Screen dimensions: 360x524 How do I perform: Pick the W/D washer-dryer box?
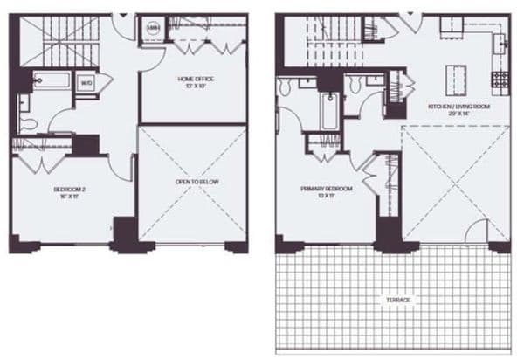[86, 83]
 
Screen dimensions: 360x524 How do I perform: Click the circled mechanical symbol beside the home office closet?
[152, 29]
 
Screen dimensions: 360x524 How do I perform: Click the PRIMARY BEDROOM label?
[327, 188]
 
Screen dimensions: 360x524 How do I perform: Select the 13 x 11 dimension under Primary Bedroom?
[327, 196]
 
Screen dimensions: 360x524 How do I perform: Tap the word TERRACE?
[397, 300]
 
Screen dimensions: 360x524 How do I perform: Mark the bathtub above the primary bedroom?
[329, 111]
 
